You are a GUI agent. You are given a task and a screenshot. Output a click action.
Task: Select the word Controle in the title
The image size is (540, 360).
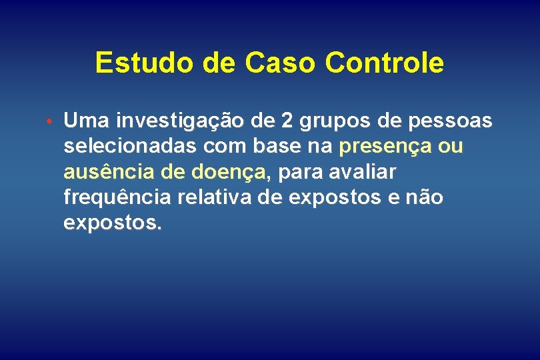point(384,63)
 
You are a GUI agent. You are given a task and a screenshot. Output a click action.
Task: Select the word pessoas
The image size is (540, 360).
point(450,121)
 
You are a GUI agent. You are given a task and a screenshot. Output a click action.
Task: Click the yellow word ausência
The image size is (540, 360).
point(109,173)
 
